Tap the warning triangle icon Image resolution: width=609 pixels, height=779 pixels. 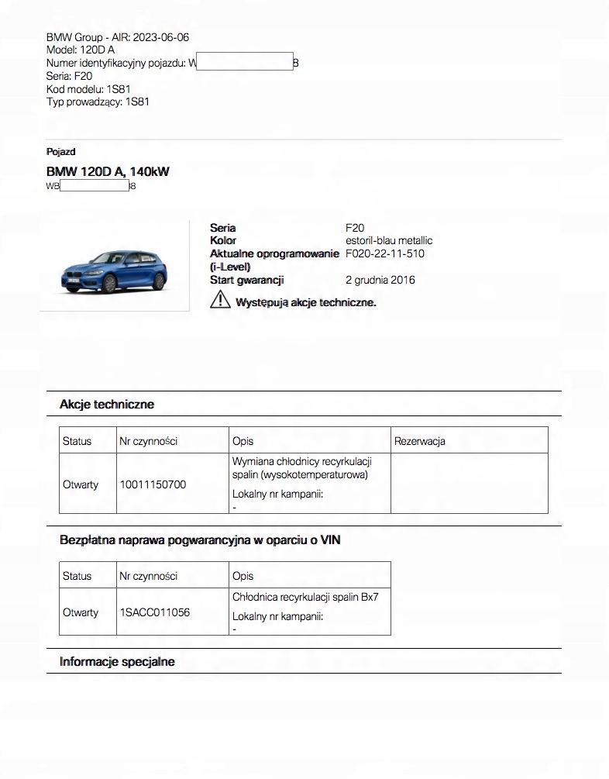click(220, 301)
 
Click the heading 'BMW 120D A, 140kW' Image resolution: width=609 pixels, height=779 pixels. click(107, 171)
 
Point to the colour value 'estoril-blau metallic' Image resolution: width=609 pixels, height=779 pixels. click(388, 240)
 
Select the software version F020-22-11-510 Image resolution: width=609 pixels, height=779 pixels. click(384, 253)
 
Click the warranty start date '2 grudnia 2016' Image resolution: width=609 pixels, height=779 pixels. click(380, 280)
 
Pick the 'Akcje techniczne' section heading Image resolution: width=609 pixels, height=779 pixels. click(107, 404)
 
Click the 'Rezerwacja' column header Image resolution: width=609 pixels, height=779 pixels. click(419, 441)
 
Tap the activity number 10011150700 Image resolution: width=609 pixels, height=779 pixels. click(153, 484)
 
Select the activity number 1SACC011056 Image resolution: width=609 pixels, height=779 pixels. click(154, 612)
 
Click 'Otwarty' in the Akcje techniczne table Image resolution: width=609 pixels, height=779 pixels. click(81, 484)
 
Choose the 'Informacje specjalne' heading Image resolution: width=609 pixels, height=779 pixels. click(117, 661)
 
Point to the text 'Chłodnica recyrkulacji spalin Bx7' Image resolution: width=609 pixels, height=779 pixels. click(305, 598)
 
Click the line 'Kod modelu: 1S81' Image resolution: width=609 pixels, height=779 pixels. click(88, 89)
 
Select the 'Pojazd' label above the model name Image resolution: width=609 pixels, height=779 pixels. click(60, 152)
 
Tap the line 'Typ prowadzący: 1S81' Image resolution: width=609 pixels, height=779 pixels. click(98, 102)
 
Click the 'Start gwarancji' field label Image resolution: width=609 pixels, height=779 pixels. click(246, 280)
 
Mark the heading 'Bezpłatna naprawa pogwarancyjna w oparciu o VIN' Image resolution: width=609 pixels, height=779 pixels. click(200, 539)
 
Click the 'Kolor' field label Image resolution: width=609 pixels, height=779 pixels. click(223, 240)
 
